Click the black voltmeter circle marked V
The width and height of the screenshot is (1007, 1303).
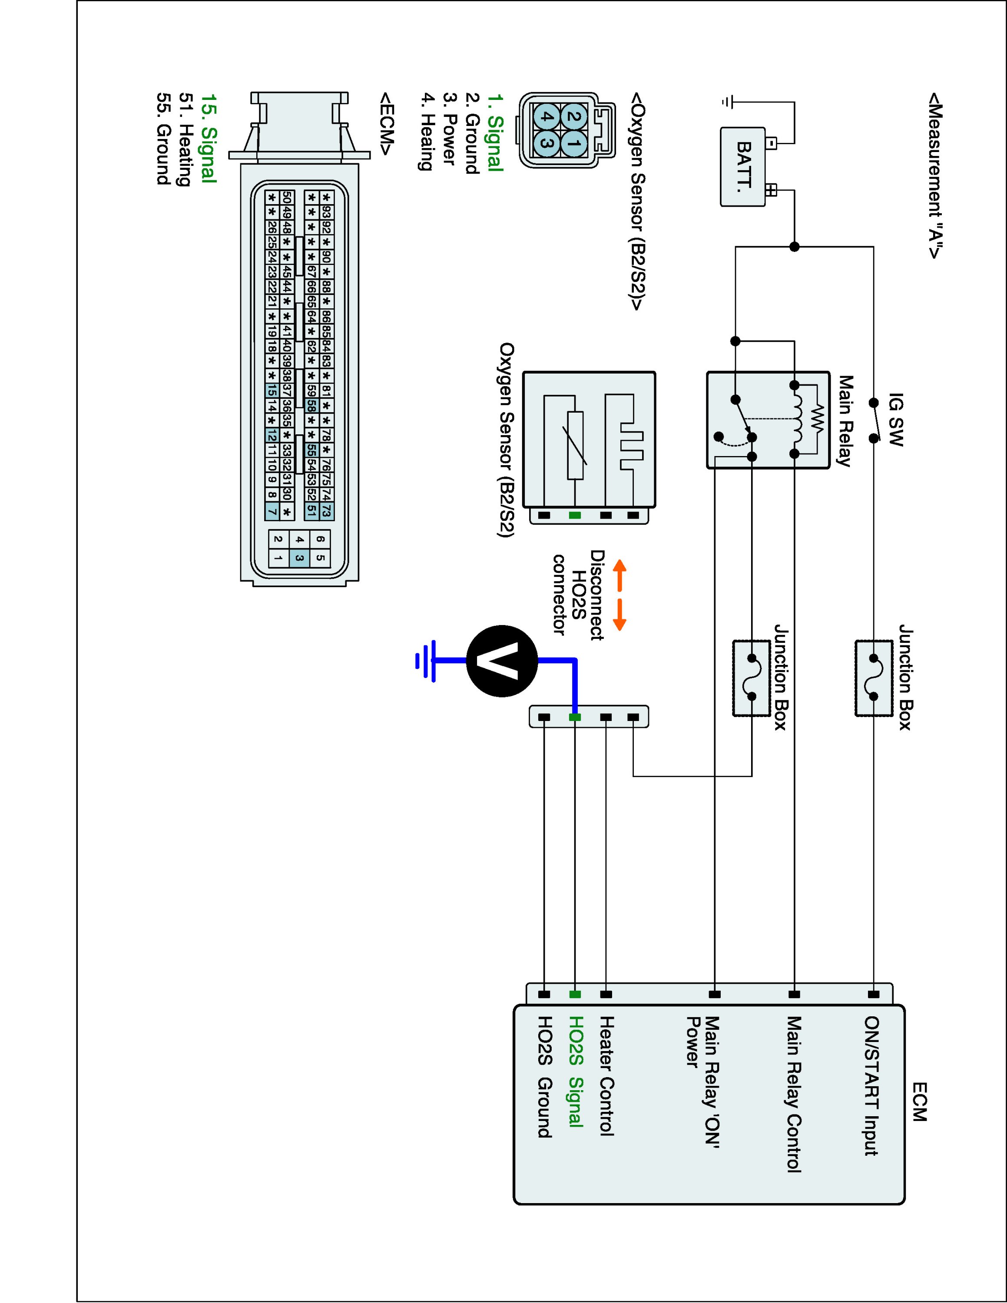tap(502, 661)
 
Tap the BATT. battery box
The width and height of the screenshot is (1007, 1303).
tap(743, 167)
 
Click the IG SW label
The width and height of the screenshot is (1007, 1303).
tap(895, 420)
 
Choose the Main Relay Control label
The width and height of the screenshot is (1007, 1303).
tap(793, 1095)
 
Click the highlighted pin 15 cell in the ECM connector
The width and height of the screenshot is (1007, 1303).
tap(272, 390)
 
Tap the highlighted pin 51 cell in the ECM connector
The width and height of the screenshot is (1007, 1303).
tap(311, 511)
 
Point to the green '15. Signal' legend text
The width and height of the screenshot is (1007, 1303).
tap(208, 138)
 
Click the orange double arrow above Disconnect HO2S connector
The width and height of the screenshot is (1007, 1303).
tap(620, 595)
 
